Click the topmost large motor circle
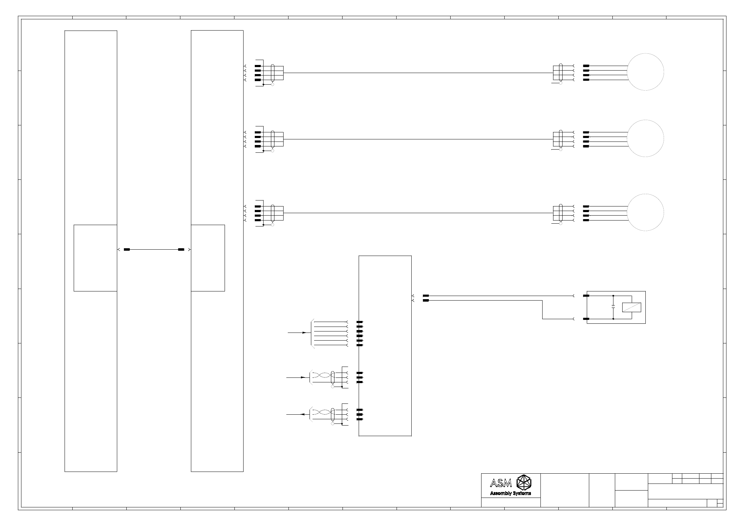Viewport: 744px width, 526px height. (x=645, y=72)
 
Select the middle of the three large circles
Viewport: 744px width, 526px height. (x=645, y=138)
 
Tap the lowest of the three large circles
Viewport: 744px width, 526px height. (x=645, y=212)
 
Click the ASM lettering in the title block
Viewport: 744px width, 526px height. (x=501, y=484)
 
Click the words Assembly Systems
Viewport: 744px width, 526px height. (x=510, y=493)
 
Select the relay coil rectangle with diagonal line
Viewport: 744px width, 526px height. (x=631, y=307)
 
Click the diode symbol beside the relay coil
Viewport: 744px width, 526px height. (x=613, y=307)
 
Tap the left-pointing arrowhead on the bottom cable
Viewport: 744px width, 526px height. (x=301, y=415)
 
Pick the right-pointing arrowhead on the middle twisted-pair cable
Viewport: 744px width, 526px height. (x=303, y=377)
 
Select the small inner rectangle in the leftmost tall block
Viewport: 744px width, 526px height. (x=95, y=258)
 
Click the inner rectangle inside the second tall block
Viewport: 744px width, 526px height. (x=208, y=258)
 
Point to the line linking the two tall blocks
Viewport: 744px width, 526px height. (x=154, y=249)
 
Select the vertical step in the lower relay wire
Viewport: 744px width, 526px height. (x=543, y=310)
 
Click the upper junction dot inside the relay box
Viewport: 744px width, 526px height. (x=613, y=296)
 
